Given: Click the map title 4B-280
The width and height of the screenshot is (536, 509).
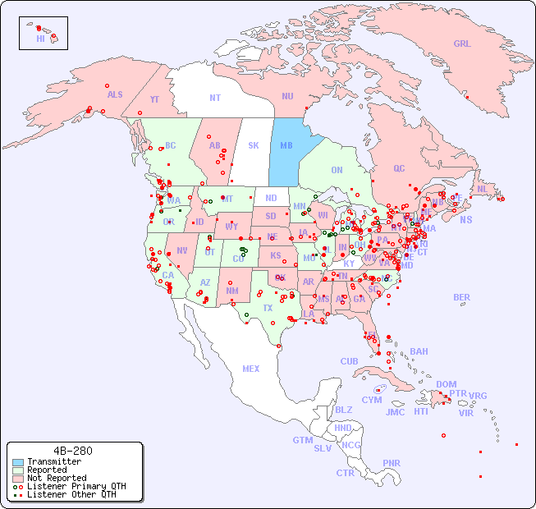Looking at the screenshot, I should tap(72, 451).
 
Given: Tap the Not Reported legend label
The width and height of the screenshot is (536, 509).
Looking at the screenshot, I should tap(56, 478).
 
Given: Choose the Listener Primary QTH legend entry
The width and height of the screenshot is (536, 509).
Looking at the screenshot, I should tap(76, 486).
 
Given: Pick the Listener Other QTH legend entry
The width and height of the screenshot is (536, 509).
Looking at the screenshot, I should tap(71, 494).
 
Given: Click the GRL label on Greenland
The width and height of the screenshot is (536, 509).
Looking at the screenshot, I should tap(462, 44).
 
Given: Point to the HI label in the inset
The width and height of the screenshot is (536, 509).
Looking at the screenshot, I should tap(40, 39).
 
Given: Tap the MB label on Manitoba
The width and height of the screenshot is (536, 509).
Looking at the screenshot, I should tap(286, 145).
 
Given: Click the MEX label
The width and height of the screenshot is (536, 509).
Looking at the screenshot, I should tap(251, 369).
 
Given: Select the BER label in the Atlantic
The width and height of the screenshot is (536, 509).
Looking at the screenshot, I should tap(461, 297).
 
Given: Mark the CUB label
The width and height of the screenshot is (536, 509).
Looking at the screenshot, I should tap(349, 361).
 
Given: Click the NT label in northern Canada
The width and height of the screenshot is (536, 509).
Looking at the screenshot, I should tap(214, 98).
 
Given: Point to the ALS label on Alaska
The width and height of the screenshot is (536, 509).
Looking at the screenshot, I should tap(115, 94).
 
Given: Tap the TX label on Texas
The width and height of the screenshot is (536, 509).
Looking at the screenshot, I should tap(268, 308).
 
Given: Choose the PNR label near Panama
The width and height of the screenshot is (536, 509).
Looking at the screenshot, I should tap(392, 463).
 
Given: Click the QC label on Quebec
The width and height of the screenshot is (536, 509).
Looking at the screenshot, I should tap(399, 168).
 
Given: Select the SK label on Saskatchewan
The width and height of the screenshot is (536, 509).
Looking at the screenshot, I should tap(254, 145).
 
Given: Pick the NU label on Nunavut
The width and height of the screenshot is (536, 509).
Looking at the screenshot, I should tap(287, 96).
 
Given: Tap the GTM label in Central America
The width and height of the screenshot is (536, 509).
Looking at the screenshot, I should tap(302, 440).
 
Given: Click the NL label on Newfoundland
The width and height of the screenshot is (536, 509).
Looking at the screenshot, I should tap(482, 188).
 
